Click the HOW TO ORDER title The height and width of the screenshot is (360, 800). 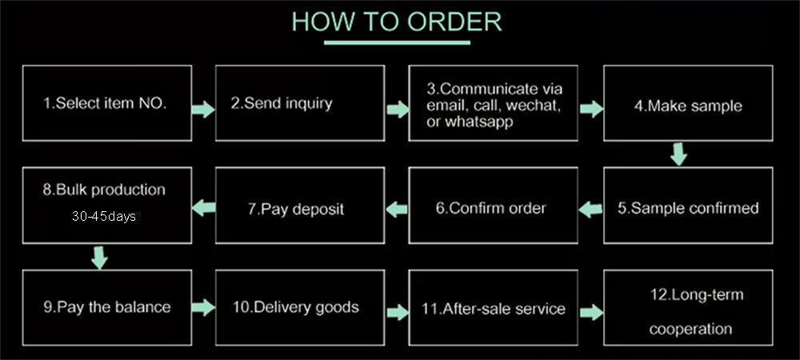click(x=397, y=22)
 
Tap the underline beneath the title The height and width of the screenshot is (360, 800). click(x=397, y=42)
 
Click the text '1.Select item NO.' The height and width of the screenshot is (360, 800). click(x=105, y=103)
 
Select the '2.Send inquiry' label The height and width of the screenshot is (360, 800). click(x=282, y=103)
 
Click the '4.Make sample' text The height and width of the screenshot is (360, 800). click(x=688, y=106)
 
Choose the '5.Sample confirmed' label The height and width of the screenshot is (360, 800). click(x=688, y=208)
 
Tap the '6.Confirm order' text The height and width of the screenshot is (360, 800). click(x=491, y=208)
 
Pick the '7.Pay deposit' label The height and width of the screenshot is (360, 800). click(x=296, y=209)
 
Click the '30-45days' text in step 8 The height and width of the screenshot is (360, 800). click(x=104, y=216)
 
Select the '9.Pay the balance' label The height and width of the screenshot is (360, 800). click(x=107, y=307)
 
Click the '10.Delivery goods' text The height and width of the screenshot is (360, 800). click(x=296, y=307)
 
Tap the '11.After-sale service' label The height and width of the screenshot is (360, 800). click(x=494, y=309)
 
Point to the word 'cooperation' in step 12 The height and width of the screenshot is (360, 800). click(x=690, y=329)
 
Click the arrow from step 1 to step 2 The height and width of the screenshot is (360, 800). click(x=203, y=109)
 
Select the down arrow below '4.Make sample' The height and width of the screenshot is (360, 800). click(x=678, y=154)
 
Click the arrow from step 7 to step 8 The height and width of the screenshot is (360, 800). click(x=203, y=207)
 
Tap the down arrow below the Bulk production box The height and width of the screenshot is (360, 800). click(x=99, y=258)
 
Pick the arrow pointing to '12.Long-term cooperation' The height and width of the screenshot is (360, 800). click(x=591, y=312)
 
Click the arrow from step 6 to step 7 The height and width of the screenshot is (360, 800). click(x=397, y=209)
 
